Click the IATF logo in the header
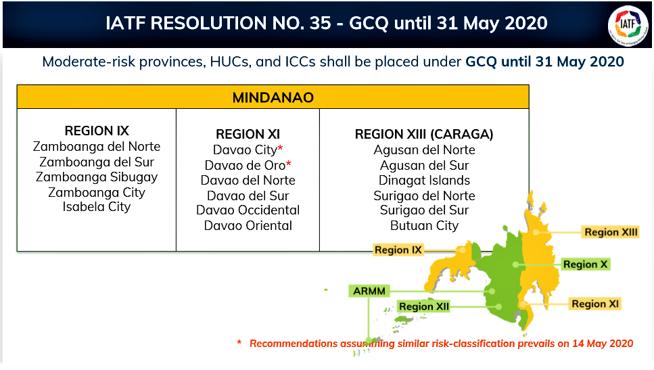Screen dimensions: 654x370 tap(628, 25)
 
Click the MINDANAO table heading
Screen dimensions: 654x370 tap(273, 97)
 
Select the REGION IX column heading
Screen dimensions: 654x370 tap(97, 131)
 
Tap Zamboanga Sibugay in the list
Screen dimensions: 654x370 tap(97, 177)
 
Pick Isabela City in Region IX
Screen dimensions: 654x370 tap(97, 207)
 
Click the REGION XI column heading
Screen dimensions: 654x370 tap(248, 135)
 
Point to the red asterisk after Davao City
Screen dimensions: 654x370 tap(280, 147)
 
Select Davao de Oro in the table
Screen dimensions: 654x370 tap(246, 166)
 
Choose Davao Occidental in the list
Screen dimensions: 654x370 tap(248, 210)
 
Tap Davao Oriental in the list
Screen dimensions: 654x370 tap(248, 226)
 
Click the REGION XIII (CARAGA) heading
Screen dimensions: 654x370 tap(424, 135)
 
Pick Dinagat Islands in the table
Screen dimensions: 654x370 tap(424, 181)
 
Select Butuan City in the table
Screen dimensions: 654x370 tap(424, 226)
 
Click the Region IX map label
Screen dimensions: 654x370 tap(398, 250)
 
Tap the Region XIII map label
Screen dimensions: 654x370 tap(611, 232)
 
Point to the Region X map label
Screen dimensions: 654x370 tap(585, 264)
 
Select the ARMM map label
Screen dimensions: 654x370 tap(369, 291)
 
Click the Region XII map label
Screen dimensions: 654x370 tap(424, 306)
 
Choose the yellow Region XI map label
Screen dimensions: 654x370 tap(594, 304)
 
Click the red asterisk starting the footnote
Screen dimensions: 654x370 tap(239, 342)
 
